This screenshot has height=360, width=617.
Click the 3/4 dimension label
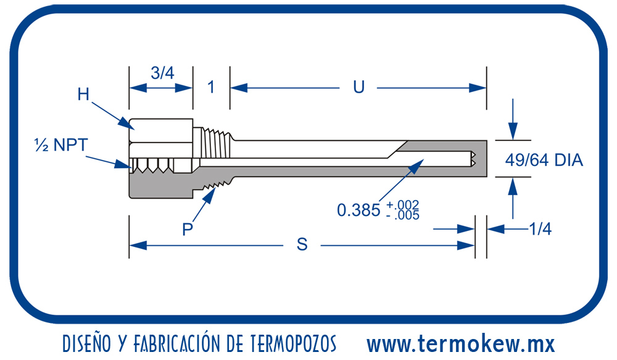[162, 73]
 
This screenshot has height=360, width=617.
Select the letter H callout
[84, 94]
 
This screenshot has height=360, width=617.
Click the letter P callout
[188, 229]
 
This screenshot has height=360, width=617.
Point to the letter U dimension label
[358, 87]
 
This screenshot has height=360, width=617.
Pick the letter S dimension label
[302, 245]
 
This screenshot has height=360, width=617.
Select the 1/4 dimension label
[540, 229]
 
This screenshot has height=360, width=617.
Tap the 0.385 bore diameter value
[358, 210]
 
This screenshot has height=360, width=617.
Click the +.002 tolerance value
[404, 204]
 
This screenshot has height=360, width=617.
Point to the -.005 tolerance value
[404, 216]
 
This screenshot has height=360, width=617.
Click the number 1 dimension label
[210, 87]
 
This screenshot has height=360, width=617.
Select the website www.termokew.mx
[460, 343]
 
